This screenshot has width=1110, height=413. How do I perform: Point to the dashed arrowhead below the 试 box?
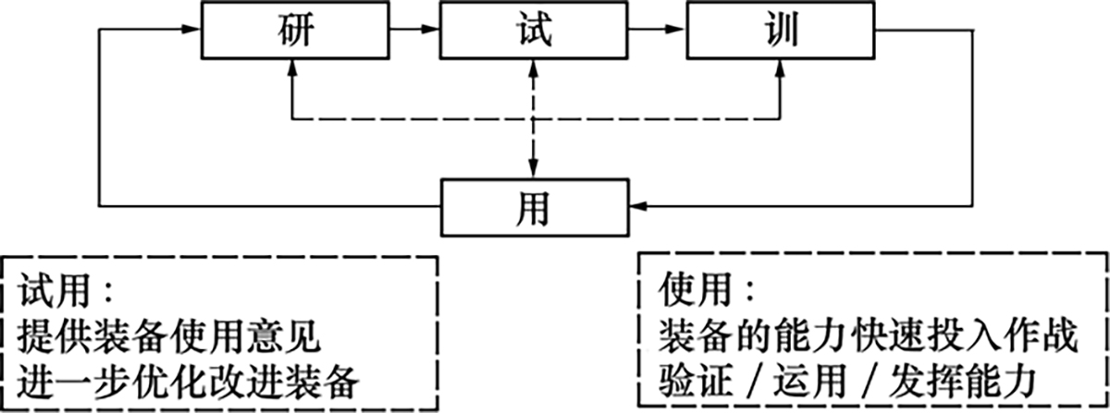point(534,69)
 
